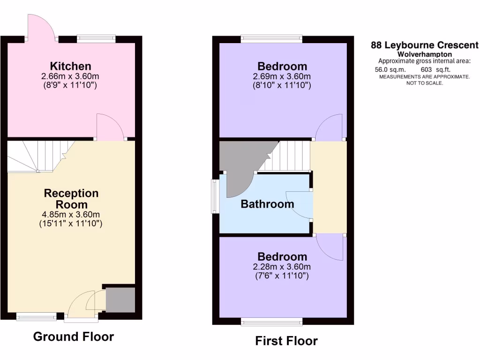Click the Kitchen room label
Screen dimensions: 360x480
(71, 66)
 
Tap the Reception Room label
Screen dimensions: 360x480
(71, 199)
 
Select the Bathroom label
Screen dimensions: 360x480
(267, 204)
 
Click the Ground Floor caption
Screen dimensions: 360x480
(74, 337)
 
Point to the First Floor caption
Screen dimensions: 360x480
(286, 341)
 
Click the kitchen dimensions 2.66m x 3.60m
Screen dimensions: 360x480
(71, 76)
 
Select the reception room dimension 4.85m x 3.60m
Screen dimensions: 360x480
(71, 215)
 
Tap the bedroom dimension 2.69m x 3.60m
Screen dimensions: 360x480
(282, 77)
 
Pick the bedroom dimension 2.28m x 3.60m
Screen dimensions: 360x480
(282, 267)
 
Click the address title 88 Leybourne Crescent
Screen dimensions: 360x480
(425, 45)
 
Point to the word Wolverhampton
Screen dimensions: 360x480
(425, 54)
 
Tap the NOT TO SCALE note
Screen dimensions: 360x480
(424, 83)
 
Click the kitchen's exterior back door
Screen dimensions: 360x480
(41, 26)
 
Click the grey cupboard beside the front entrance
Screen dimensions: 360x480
(120, 300)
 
